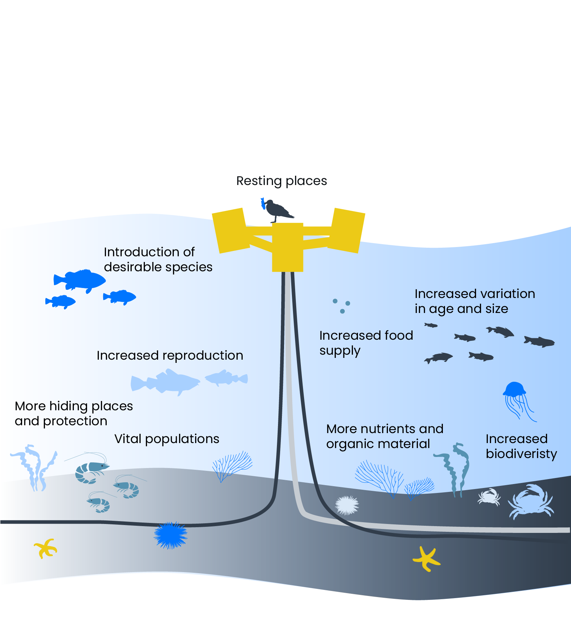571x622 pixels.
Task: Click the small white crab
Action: (x=489, y=497)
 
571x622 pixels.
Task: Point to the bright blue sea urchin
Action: (x=171, y=535)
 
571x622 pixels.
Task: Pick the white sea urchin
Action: (x=347, y=505)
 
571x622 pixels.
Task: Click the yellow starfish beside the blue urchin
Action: (x=45, y=548)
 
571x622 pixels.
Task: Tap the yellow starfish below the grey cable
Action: (x=426, y=559)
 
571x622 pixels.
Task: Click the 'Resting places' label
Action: (x=282, y=181)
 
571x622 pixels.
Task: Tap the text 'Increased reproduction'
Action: (x=170, y=355)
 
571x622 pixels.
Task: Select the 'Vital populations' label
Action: (x=167, y=439)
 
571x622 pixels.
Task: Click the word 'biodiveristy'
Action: (x=521, y=454)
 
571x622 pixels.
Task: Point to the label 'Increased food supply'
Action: (x=366, y=343)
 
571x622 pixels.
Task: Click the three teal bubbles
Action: (x=342, y=306)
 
